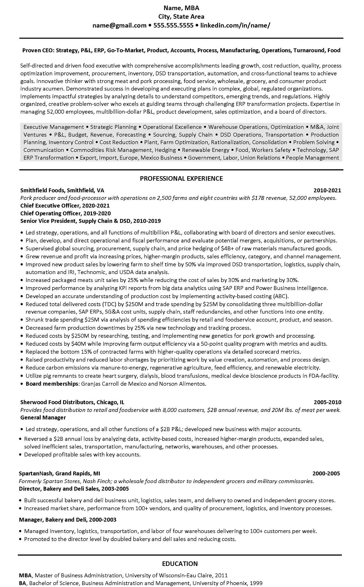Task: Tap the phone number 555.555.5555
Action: coord(173,26)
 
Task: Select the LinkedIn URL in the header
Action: coord(235,26)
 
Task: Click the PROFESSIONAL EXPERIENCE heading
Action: coord(181,178)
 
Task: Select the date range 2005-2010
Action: coord(327,402)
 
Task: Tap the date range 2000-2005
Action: coord(326,473)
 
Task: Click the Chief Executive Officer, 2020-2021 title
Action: coord(65,206)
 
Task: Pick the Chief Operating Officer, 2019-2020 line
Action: coord(65,213)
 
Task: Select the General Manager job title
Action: coord(43,417)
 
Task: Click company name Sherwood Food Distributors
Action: coord(57,402)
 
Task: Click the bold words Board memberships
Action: coord(52,384)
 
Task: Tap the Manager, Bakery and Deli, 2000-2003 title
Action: coord(67,520)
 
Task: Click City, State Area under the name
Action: coord(181,17)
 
